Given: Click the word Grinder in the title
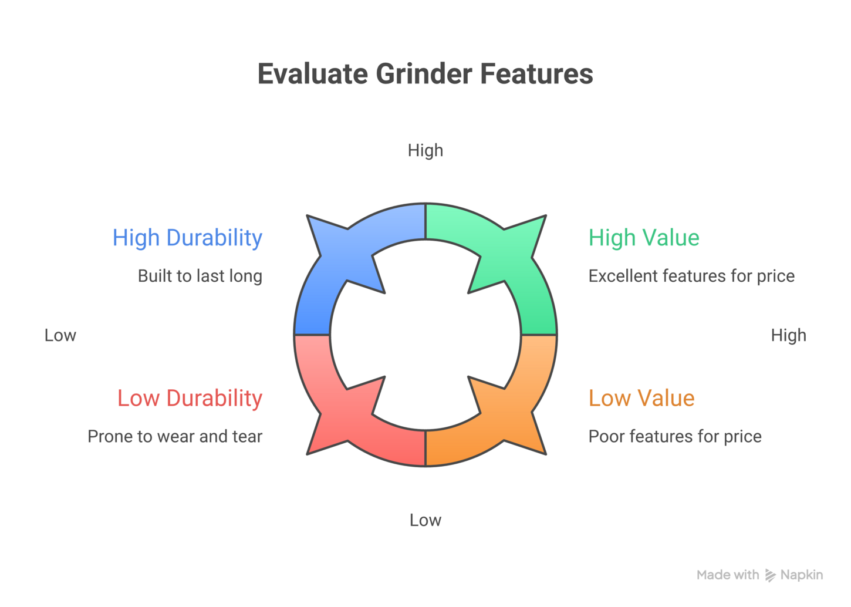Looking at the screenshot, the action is (x=425, y=74).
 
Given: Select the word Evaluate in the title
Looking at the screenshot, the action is (x=313, y=74).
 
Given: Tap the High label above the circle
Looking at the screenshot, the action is (x=425, y=151).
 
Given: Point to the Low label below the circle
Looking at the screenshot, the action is (x=425, y=520).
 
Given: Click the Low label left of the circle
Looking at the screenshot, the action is (x=60, y=335).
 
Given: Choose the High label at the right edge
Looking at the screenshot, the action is (x=789, y=336).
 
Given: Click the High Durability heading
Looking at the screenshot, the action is (x=188, y=238).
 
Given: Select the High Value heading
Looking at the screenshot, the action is (x=644, y=238).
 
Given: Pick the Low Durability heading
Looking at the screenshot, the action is (x=190, y=399).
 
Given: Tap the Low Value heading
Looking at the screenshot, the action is (x=641, y=399).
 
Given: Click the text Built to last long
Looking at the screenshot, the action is (x=200, y=276).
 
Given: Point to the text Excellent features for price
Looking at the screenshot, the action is (x=691, y=276).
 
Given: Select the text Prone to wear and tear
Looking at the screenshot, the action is (x=175, y=437).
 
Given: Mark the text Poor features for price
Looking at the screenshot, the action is (x=675, y=437).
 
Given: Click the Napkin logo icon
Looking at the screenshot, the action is (x=770, y=575).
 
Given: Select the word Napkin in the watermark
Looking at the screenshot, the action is (x=802, y=575).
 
